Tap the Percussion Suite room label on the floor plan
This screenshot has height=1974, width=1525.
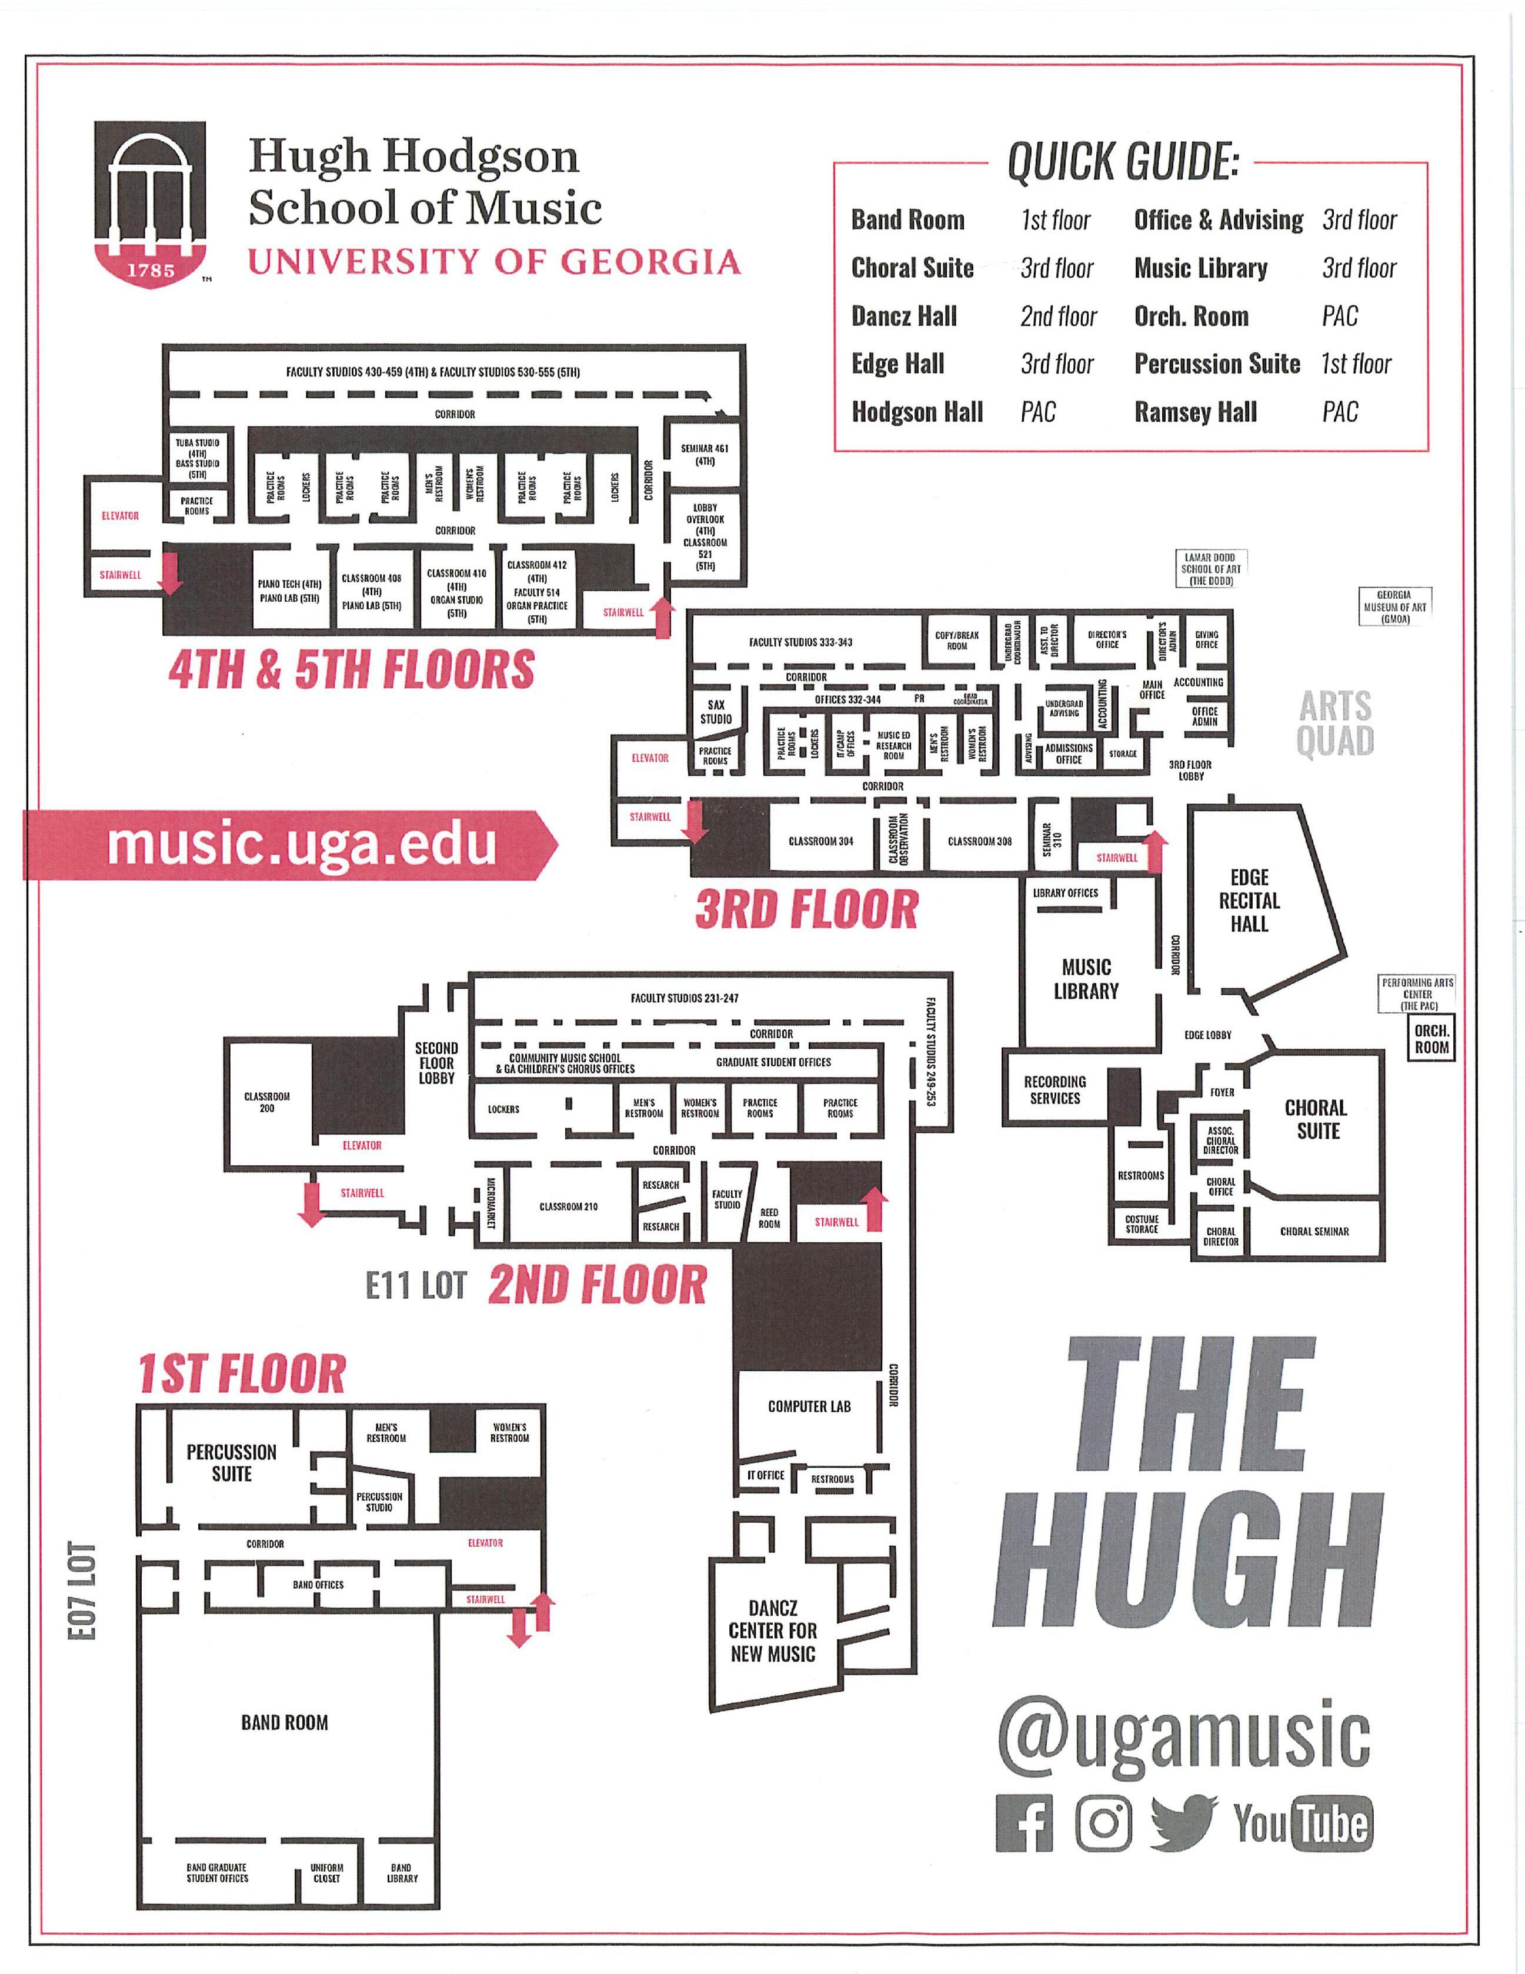(231, 1462)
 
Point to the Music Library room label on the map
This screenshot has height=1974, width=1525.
(1086, 979)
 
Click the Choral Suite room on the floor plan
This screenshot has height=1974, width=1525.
(1316, 1119)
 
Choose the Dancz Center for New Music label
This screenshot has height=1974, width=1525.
(773, 1630)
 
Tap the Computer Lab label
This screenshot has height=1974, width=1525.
(809, 1406)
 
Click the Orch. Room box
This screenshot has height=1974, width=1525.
(1432, 1039)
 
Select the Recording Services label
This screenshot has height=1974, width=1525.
(1055, 1089)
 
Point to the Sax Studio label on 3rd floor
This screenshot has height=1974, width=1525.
(716, 712)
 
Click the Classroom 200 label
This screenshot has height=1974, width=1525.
(266, 1102)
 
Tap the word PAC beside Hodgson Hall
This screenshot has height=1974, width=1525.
(1038, 412)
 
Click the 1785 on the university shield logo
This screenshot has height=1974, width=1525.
(150, 268)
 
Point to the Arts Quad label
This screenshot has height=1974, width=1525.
(1335, 723)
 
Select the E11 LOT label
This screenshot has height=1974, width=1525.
(416, 1285)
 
